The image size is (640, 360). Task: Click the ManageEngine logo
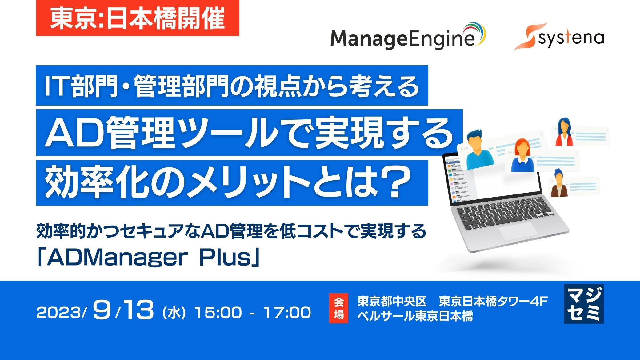[407, 37]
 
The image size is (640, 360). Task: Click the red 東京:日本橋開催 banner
[138, 18]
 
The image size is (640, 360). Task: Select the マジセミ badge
[584, 304]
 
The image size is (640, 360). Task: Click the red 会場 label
[338, 308]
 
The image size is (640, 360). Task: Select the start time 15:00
[218, 313]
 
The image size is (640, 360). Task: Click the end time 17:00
[287, 313]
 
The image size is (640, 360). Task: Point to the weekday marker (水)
[174, 313]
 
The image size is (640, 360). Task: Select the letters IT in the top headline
[56, 86]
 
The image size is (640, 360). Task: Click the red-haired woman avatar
[522, 156]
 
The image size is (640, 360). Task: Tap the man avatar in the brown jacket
[558, 184]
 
